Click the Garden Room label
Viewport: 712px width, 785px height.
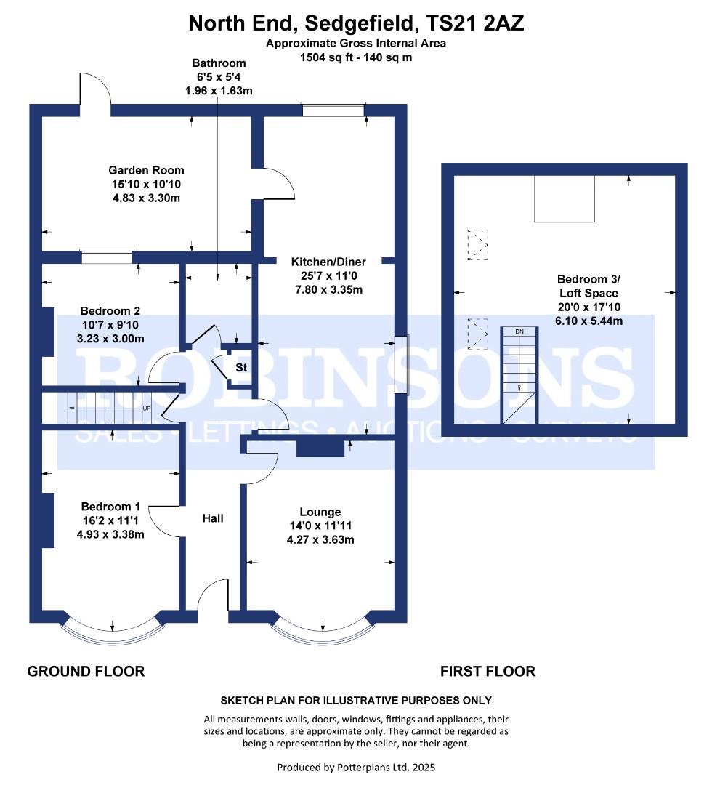coord(146,170)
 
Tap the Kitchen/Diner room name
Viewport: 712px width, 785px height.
coord(328,262)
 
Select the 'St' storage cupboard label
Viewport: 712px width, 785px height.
coord(241,368)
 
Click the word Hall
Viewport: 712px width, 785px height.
coord(213,518)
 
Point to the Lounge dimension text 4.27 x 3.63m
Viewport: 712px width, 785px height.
coord(320,539)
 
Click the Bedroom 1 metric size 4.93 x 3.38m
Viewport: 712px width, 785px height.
coord(110,534)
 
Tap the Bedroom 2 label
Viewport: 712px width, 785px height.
coord(110,311)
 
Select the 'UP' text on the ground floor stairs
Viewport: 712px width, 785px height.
coord(147,408)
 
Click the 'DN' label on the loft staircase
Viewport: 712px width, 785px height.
coord(519,331)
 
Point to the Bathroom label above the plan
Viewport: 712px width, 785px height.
coord(219,63)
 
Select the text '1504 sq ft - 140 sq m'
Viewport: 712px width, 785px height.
coord(356,57)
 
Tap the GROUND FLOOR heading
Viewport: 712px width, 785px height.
coord(86,672)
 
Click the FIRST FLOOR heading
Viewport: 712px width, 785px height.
coord(488,672)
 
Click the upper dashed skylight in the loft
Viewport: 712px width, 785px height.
coord(478,245)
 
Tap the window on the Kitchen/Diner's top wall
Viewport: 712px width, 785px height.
coord(333,110)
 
